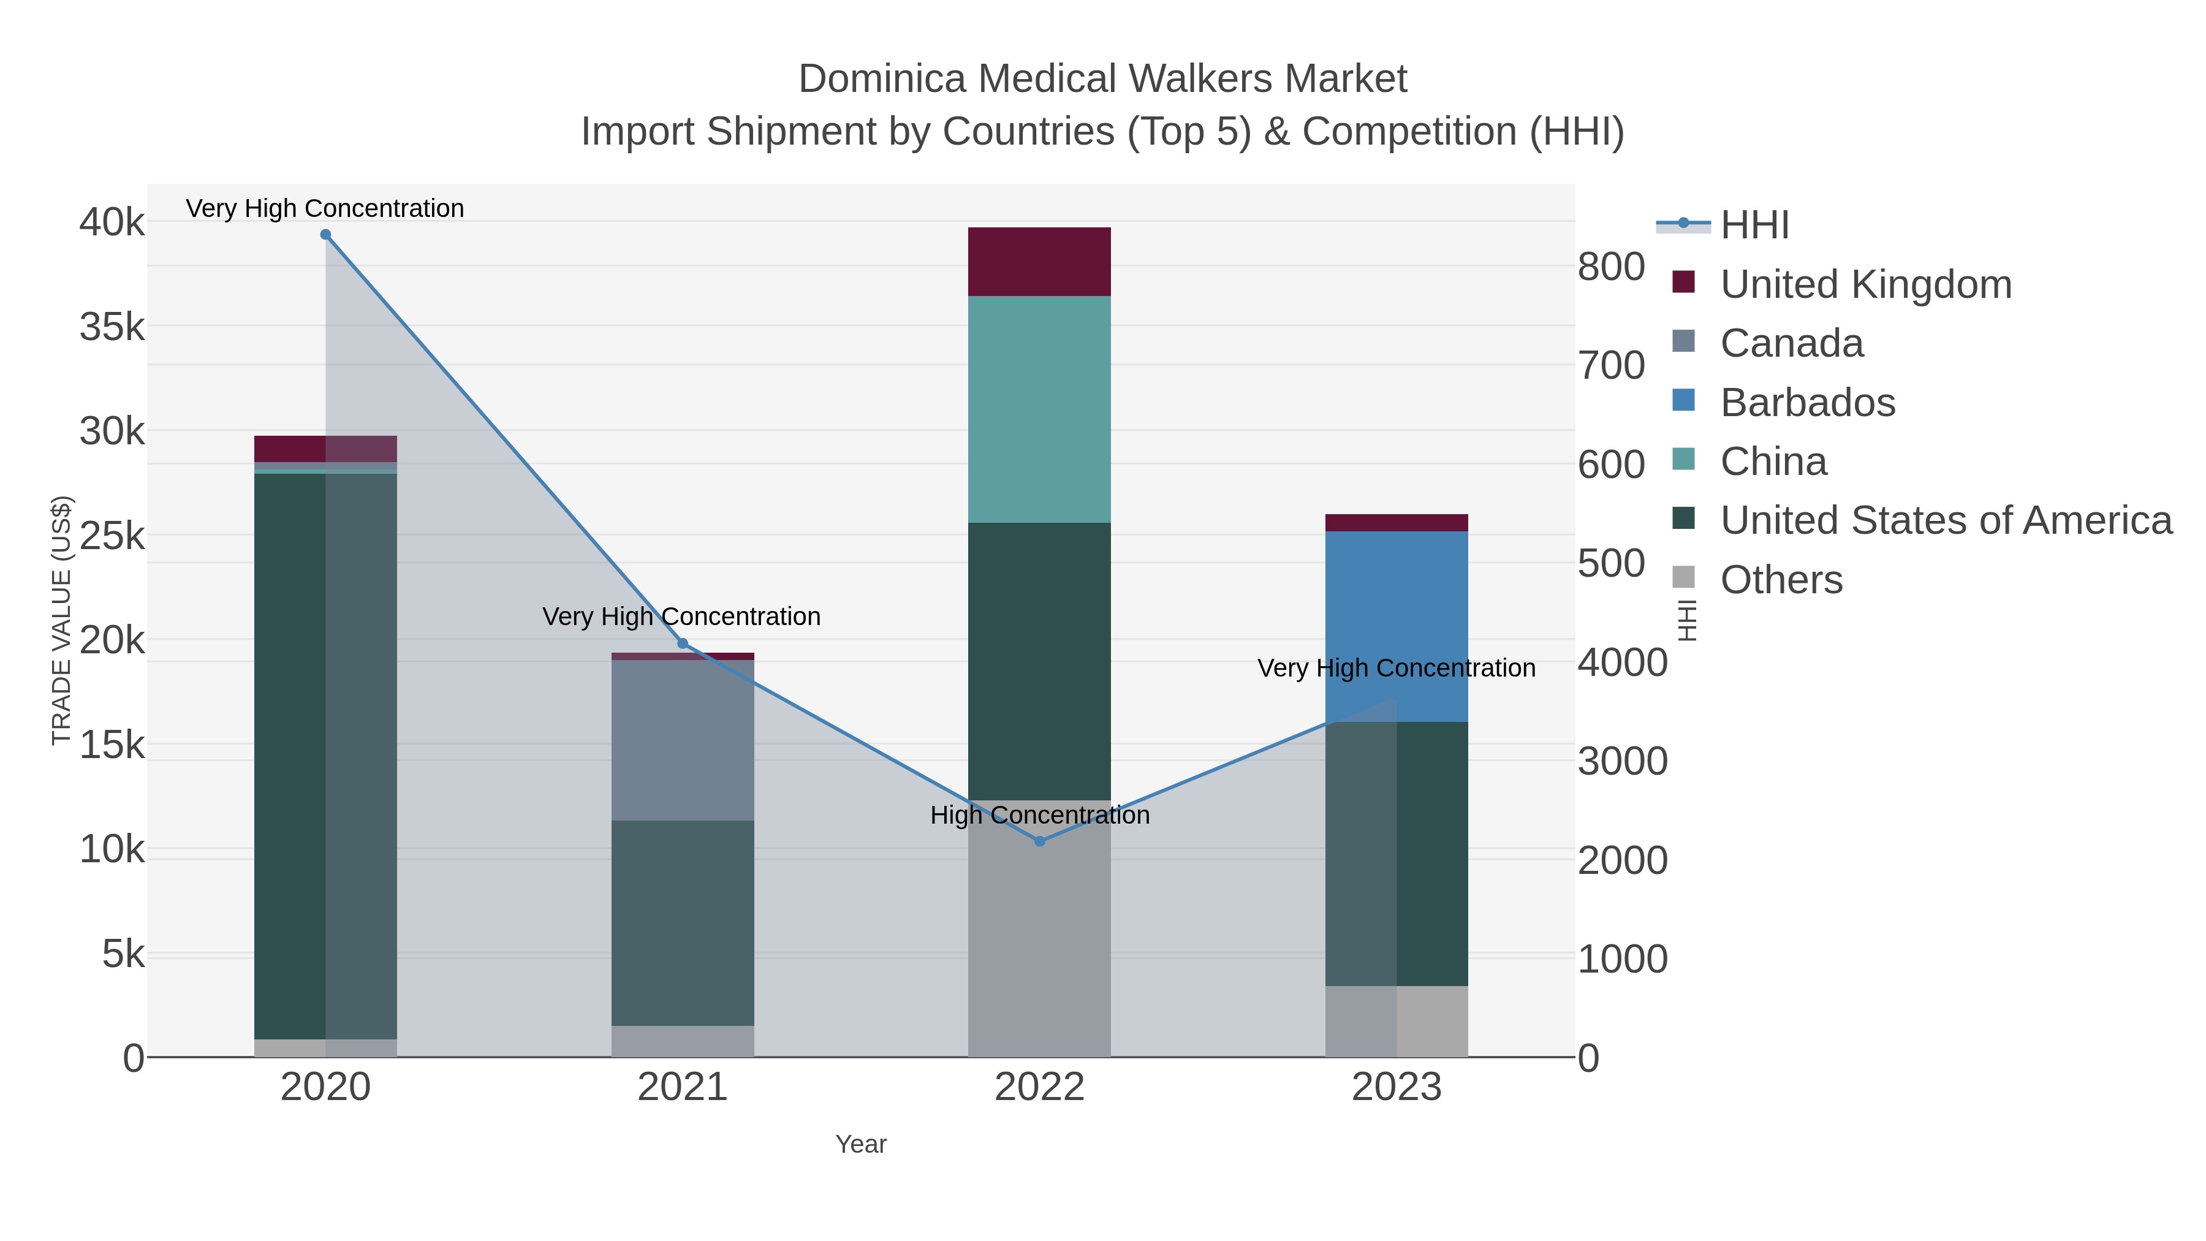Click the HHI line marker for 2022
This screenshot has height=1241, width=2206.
point(1040,841)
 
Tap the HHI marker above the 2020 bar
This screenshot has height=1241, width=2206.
point(325,235)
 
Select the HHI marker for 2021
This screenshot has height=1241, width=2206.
point(683,643)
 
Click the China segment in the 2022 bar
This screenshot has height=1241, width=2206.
point(1040,409)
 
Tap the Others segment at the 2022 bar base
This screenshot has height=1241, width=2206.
point(1040,929)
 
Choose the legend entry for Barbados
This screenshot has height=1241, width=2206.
point(1807,403)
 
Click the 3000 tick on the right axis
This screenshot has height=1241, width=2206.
point(1623,761)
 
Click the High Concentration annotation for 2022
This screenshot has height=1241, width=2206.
point(1040,814)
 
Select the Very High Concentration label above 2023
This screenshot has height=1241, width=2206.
point(1396,668)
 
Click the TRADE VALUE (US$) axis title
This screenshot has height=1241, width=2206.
point(62,620)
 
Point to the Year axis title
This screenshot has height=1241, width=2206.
point(861,1144)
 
